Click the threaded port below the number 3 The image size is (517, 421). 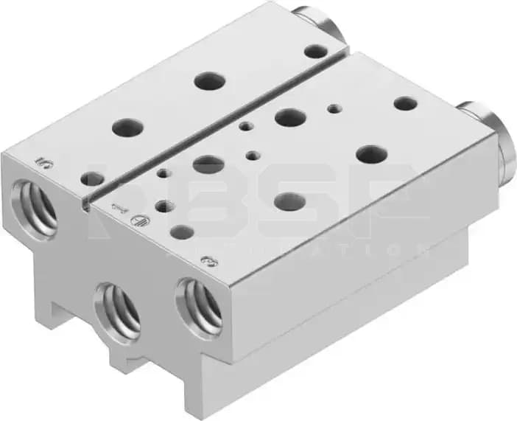click(x=199, y=305)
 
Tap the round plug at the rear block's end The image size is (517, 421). click(x=321, y=23)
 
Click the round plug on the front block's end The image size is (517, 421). click(x=486, y=136)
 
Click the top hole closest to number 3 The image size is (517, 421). click(x=181, y=232)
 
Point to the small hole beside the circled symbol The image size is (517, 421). click(x=165, y=207)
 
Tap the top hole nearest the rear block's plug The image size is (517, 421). click(x=316, y=52)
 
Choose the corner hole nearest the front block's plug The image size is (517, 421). click(x=405, y=103)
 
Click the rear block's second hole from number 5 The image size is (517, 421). click(x=127, y=127)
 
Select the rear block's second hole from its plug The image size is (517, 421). click(x=210, y=80)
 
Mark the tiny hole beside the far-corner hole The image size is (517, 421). click(x=335, y=108)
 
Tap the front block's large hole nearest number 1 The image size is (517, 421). click(x=208, y=164)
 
